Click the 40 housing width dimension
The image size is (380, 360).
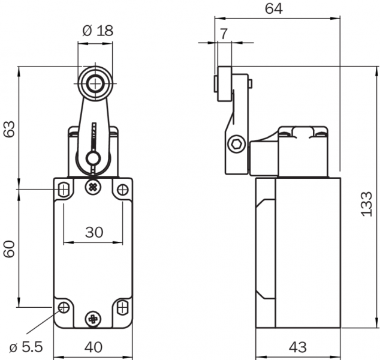click(93, 347)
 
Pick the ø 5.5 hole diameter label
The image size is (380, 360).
click(26, 347)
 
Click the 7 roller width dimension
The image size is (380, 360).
click(223, 34)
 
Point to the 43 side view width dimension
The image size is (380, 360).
click(297, 347)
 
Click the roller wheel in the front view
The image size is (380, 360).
click(94, 83)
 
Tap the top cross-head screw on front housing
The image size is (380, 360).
click(93, 187)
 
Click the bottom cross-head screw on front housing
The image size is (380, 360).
click(93, 319)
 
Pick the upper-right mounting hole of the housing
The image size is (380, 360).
click(122, 190)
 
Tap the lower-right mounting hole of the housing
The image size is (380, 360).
click(122, 308)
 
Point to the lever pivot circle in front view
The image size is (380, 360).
click(93, 158)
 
